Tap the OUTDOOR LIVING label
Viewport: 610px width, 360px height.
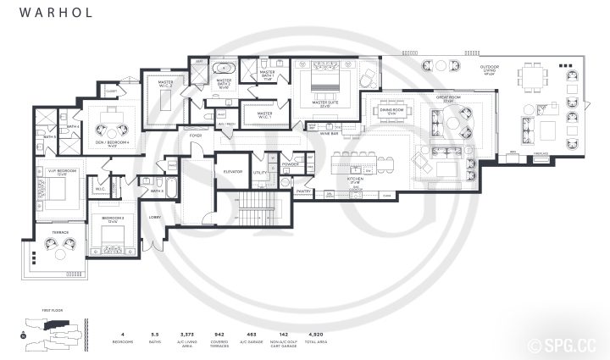click(490, 69)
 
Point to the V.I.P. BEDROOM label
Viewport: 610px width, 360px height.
click(50, 173)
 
